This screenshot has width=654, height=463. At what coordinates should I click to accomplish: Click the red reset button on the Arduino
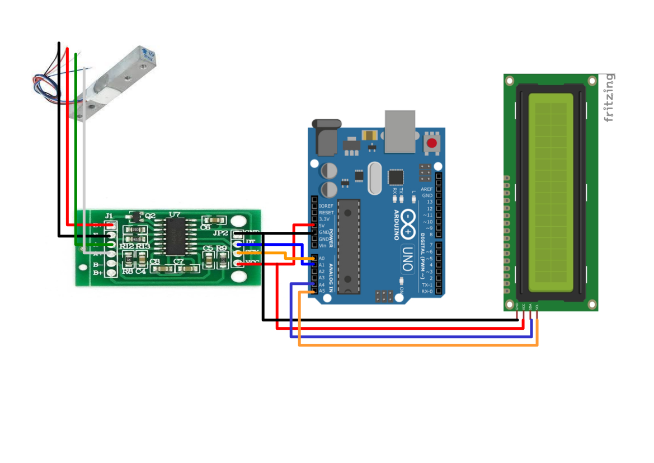[431, 143]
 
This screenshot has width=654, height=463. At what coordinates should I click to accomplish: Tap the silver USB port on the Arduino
[399, 131]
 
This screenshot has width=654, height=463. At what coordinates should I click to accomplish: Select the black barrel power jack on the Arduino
[327, 137]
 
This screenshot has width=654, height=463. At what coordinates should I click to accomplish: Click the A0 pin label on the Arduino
[322, 258]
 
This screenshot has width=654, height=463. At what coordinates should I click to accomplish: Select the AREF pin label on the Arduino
[427, 189]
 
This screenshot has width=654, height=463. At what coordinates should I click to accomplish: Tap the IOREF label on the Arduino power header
[326, 206]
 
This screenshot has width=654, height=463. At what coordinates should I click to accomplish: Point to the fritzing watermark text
[609, 97]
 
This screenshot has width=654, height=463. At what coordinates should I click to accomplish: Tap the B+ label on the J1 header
[98, 273]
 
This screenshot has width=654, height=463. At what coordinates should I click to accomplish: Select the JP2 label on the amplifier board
[220, 232]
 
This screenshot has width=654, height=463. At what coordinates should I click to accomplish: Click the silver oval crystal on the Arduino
[374, 178]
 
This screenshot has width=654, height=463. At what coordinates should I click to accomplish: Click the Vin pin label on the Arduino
[322, 245]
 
